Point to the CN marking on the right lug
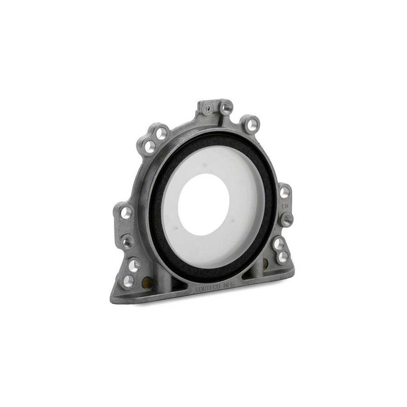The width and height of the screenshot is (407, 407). pos(285,206)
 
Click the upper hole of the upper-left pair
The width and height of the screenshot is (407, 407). pos(159,133)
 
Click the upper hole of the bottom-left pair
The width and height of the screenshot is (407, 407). pos(134,263)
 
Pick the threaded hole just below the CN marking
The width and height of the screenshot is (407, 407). pos(287,220)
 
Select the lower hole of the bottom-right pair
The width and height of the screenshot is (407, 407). pos(284,257)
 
